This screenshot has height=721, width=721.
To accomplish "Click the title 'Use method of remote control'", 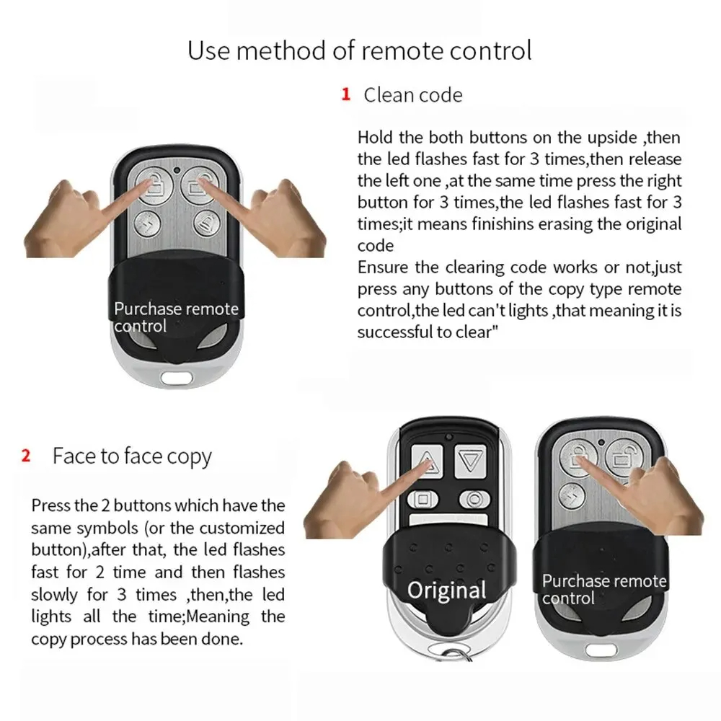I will click(x=360, y=50).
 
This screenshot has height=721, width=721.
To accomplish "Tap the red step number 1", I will click(x=346, y=94).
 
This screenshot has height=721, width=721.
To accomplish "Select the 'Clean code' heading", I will click(x=412, y=95).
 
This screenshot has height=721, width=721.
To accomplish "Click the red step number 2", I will click(x=27, y=456).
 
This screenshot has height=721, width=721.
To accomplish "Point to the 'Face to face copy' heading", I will click(x=132, y=456).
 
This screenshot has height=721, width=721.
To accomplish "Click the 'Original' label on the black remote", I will click(x=446, y=590).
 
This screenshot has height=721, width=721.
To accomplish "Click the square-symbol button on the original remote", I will click(x=423, y=499).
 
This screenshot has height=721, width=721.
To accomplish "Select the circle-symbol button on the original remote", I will click(x=473, y=498).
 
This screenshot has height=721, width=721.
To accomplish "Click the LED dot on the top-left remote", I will click(x=176, y=171).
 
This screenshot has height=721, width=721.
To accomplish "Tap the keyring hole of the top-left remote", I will click(x=176, y=376).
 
